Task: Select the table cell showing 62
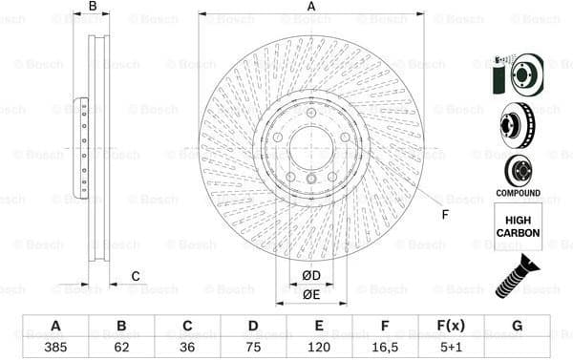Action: (x=121, y=347)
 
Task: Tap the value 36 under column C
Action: (x=187, y=347)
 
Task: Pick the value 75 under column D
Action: (x=253, y=347)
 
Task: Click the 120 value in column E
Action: (x=319, y=347)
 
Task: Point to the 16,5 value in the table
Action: (x=385, y=347)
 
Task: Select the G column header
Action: (x=517, y=326)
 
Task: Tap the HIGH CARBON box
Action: (x=518, y=225)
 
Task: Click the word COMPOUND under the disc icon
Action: (x=518, y=194)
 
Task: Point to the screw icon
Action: (x=518, y=273)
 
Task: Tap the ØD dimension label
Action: (x=311, y=277)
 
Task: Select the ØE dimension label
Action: (x=311, y=294)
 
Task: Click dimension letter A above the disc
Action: (x=311, y=7)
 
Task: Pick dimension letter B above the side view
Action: (x=93, y=7)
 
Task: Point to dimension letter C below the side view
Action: (x=135, y=277)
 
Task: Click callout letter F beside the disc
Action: (x=444, y=214)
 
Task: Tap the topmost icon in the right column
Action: (x=517, y=72)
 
